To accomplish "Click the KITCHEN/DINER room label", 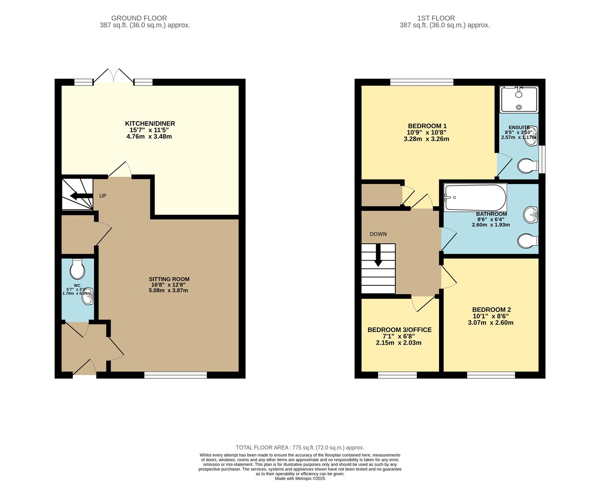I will click(150, 124).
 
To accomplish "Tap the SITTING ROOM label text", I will click(169, 279).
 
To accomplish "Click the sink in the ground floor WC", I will click(88, 297).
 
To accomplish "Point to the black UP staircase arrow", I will click(81, 196).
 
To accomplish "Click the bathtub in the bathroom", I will click(475, 198).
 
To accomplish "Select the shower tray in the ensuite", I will click(519, 99).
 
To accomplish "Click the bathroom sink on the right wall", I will click(531, 215).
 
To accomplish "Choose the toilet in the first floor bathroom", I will click(528, 241).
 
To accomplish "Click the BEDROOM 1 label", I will click(427, 126).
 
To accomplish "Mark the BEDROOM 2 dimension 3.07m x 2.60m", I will click(490, 323).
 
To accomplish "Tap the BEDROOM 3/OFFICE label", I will click(399, 330).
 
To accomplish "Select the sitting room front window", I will click(175, 375).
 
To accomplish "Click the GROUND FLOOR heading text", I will click(139, 18).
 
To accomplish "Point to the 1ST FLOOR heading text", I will click(436, 18).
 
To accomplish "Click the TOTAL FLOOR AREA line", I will click(300, 448).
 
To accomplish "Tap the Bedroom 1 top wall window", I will click(422, 82).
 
